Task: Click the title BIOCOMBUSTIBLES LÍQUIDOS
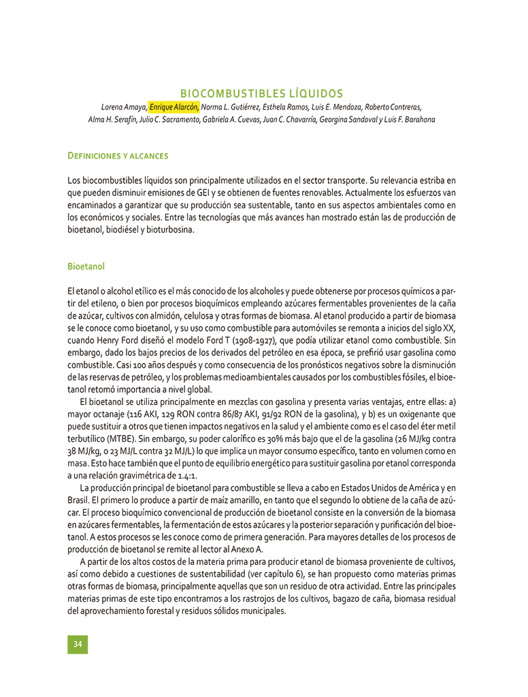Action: tap(261, 93)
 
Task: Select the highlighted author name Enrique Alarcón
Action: tap(174, 107)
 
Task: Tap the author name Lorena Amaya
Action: tap(124, 107)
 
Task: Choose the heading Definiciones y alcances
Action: tap(118, 156)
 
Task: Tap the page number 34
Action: tap(78, 645)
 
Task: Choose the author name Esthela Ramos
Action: tap(291, 107)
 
